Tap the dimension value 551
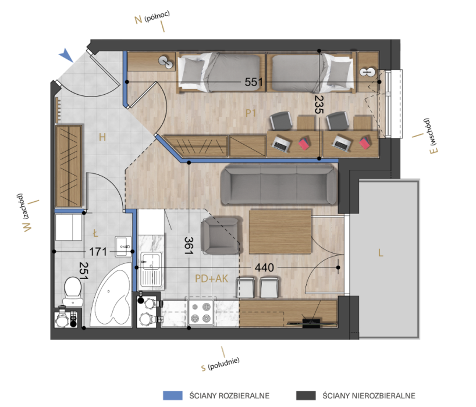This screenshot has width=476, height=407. coord(254,82)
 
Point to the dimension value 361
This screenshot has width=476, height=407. coord(189,245)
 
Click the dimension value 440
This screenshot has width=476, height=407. coord(264,267)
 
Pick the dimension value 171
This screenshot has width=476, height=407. coord(98,252)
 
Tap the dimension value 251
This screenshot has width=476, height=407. coord(83,271)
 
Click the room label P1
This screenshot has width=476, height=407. coord(251,113)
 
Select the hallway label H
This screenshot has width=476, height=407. coord(102,137)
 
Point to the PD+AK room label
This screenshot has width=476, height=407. coord(211,279)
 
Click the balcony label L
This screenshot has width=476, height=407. coord(381,253)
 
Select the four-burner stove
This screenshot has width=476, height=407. coord(201,312)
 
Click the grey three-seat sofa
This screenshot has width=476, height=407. coord(279,184)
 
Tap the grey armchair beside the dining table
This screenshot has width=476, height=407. coord(221,235)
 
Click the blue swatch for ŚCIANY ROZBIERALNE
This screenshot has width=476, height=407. coord(173,395)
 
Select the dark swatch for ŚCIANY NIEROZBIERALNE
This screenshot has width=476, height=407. coord(306,395)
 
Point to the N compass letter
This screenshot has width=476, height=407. coord(138,20)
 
